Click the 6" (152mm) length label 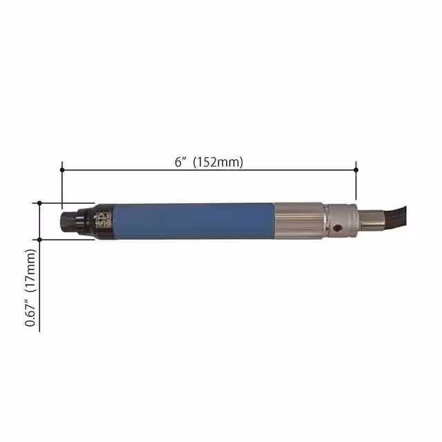pos(209,162)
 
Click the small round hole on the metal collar pos(337,227)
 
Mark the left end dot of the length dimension pos(62,169)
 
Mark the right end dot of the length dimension pos(356,169)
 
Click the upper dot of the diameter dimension pos(40,203)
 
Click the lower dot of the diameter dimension pos(40,240)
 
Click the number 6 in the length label pos(177,162)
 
